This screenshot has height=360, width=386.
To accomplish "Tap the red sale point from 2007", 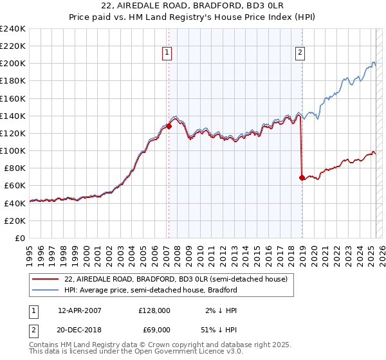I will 169,127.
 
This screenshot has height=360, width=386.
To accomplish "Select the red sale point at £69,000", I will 302,177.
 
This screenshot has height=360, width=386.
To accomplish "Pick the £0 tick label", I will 20,238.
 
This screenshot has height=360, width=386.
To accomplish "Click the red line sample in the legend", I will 46,279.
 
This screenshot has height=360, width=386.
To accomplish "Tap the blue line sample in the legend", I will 46,290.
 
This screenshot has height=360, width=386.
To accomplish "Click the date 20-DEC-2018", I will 80,330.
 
